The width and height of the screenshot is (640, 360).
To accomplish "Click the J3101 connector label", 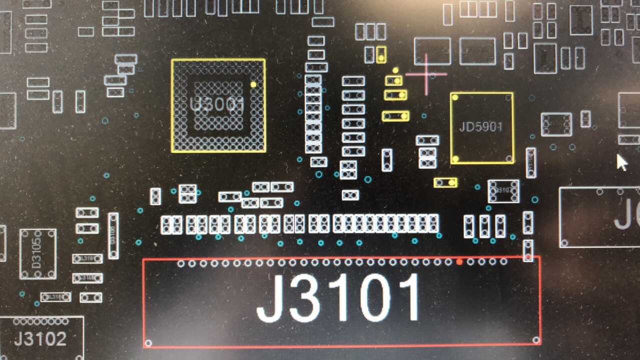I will (339, 299).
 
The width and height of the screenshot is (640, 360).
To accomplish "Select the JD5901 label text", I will (480, 126).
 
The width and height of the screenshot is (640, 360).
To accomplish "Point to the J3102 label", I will (40, 339).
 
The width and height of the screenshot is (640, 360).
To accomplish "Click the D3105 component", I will (38, 253).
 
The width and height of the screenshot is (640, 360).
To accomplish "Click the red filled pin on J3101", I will (459, 261).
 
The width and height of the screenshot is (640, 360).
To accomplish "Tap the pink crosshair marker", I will (426, 74).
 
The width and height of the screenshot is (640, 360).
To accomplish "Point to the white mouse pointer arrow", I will (621, 162).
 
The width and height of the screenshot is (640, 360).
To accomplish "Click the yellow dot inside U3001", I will (253, 85).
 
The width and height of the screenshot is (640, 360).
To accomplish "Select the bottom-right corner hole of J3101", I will (536, 340).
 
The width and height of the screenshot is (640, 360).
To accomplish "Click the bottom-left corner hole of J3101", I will (148, 343).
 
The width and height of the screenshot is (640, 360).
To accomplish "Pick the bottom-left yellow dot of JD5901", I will (455, 159).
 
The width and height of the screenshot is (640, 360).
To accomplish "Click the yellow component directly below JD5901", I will (445, 182).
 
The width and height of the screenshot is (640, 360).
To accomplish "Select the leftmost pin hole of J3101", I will (181, 263).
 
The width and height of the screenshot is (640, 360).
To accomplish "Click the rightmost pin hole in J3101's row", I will (503, 261).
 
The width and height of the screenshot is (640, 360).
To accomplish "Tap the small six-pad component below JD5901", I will (503, 190).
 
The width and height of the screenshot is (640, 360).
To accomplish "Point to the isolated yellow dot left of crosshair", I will (395, 70).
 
